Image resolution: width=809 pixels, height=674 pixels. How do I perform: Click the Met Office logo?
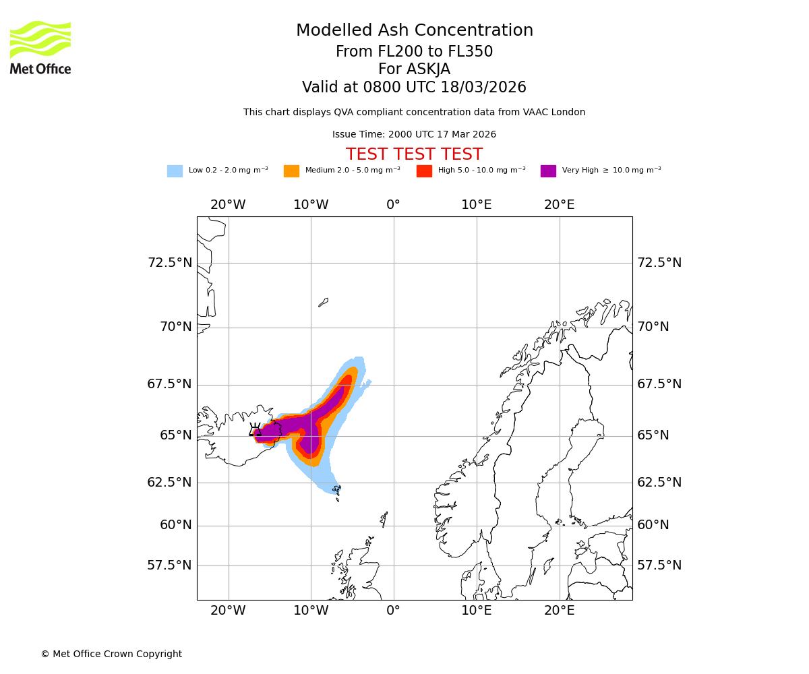(x=40, y=47)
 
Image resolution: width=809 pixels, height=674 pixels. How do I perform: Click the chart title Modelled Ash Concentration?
(x=415, y=31)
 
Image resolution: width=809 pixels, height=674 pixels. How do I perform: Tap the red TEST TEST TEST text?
(x=414, y=154)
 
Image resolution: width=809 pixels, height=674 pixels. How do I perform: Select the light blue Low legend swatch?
(x=175, y=171)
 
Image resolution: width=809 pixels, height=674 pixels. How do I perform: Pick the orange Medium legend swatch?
(x=291, y=171)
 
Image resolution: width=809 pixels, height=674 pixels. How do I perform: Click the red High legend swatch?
(x=424, y=171)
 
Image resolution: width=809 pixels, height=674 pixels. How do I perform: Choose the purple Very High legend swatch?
(x=548, y=171)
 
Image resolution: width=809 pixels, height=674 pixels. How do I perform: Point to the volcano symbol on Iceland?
(x=256, y=430)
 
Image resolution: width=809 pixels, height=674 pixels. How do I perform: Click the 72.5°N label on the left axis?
(x=170, y=263)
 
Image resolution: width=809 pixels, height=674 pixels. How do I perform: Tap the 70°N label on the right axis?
(x=653, y=327)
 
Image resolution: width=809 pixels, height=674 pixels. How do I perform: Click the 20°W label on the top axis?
(x=228, y=205)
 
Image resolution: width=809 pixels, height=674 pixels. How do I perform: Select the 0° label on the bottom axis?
(x=394, y=611)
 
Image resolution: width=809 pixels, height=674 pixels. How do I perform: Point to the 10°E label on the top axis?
(x=477, y=205)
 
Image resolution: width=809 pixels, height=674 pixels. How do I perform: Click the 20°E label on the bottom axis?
(x=560, y=611)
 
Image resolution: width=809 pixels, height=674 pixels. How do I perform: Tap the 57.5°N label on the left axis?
(x=170, y=565)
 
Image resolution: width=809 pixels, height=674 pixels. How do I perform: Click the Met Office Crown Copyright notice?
(x=111, y=654)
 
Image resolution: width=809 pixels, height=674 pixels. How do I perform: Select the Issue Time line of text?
(x=414, y=135)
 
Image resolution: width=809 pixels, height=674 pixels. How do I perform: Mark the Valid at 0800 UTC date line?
(x=414, y=88)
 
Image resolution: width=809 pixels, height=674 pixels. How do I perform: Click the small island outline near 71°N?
(x=323, y=303)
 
